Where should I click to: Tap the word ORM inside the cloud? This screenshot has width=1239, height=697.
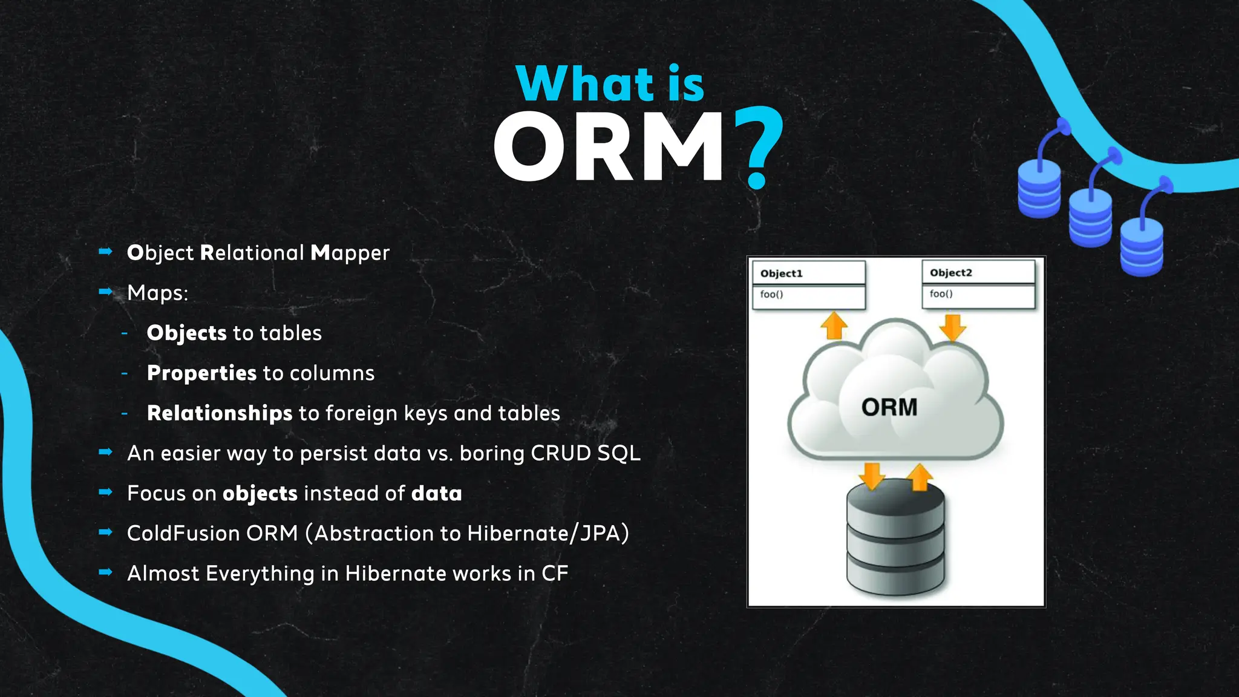click(x=889, y=407)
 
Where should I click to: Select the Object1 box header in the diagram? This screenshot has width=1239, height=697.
click(x=808, y=273)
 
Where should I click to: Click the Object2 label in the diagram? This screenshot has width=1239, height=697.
click(x=950, y=272)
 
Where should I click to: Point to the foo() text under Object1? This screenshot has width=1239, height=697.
click(x=771, y=295)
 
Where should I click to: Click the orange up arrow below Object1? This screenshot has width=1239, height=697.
click(x=834, y=325)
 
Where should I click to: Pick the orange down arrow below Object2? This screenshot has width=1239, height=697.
click(x=953, y=327)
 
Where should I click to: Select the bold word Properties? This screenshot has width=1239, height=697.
click(x=201, y=373)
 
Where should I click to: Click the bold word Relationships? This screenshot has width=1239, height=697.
click(x=220, y=413)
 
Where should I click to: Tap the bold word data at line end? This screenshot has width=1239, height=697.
click(x=436, y=493)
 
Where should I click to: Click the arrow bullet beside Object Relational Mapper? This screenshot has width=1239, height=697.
click(x=106, y=252)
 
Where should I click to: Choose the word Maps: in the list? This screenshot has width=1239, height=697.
click(x=157, y=293)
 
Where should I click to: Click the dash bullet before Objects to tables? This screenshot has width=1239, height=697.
click(x=125, y=333)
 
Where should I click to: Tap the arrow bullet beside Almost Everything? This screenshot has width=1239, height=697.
click(x=106, y=572)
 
